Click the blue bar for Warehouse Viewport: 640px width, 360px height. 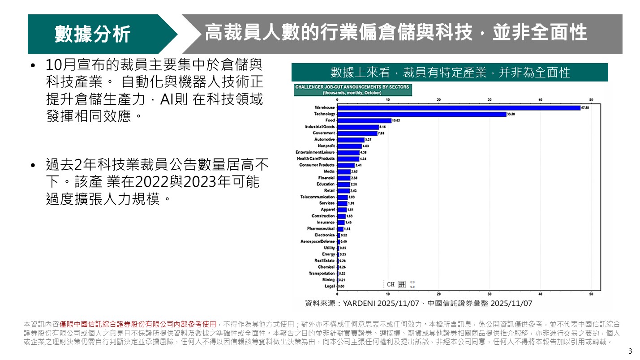click(x=458, y=107)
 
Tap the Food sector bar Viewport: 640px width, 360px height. click(x=364, y=120)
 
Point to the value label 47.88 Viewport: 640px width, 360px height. click(x=584, y=107)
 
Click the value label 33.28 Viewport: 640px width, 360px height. click(x=511, y=114)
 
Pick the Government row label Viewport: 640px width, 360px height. click(x=323, y=133)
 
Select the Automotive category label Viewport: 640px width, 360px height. click(x=324, y=140)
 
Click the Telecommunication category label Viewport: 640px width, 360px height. click(x=317, y=197)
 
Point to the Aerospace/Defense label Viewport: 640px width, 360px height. click(x=318, y=241)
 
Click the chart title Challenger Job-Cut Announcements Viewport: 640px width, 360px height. click(x=352, y=87)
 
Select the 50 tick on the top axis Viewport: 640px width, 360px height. click(x=591, y=99)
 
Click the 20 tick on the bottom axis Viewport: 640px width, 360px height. click(x=439, y=294)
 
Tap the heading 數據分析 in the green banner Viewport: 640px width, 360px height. click(x=93, y=34)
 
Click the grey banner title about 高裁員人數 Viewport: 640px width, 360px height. click(x=395, y=33)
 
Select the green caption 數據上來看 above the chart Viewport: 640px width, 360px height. click(x=450, y=73)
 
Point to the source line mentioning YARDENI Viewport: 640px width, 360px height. click(x=418, y=303)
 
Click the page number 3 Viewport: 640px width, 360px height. click(x=630, y=351)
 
